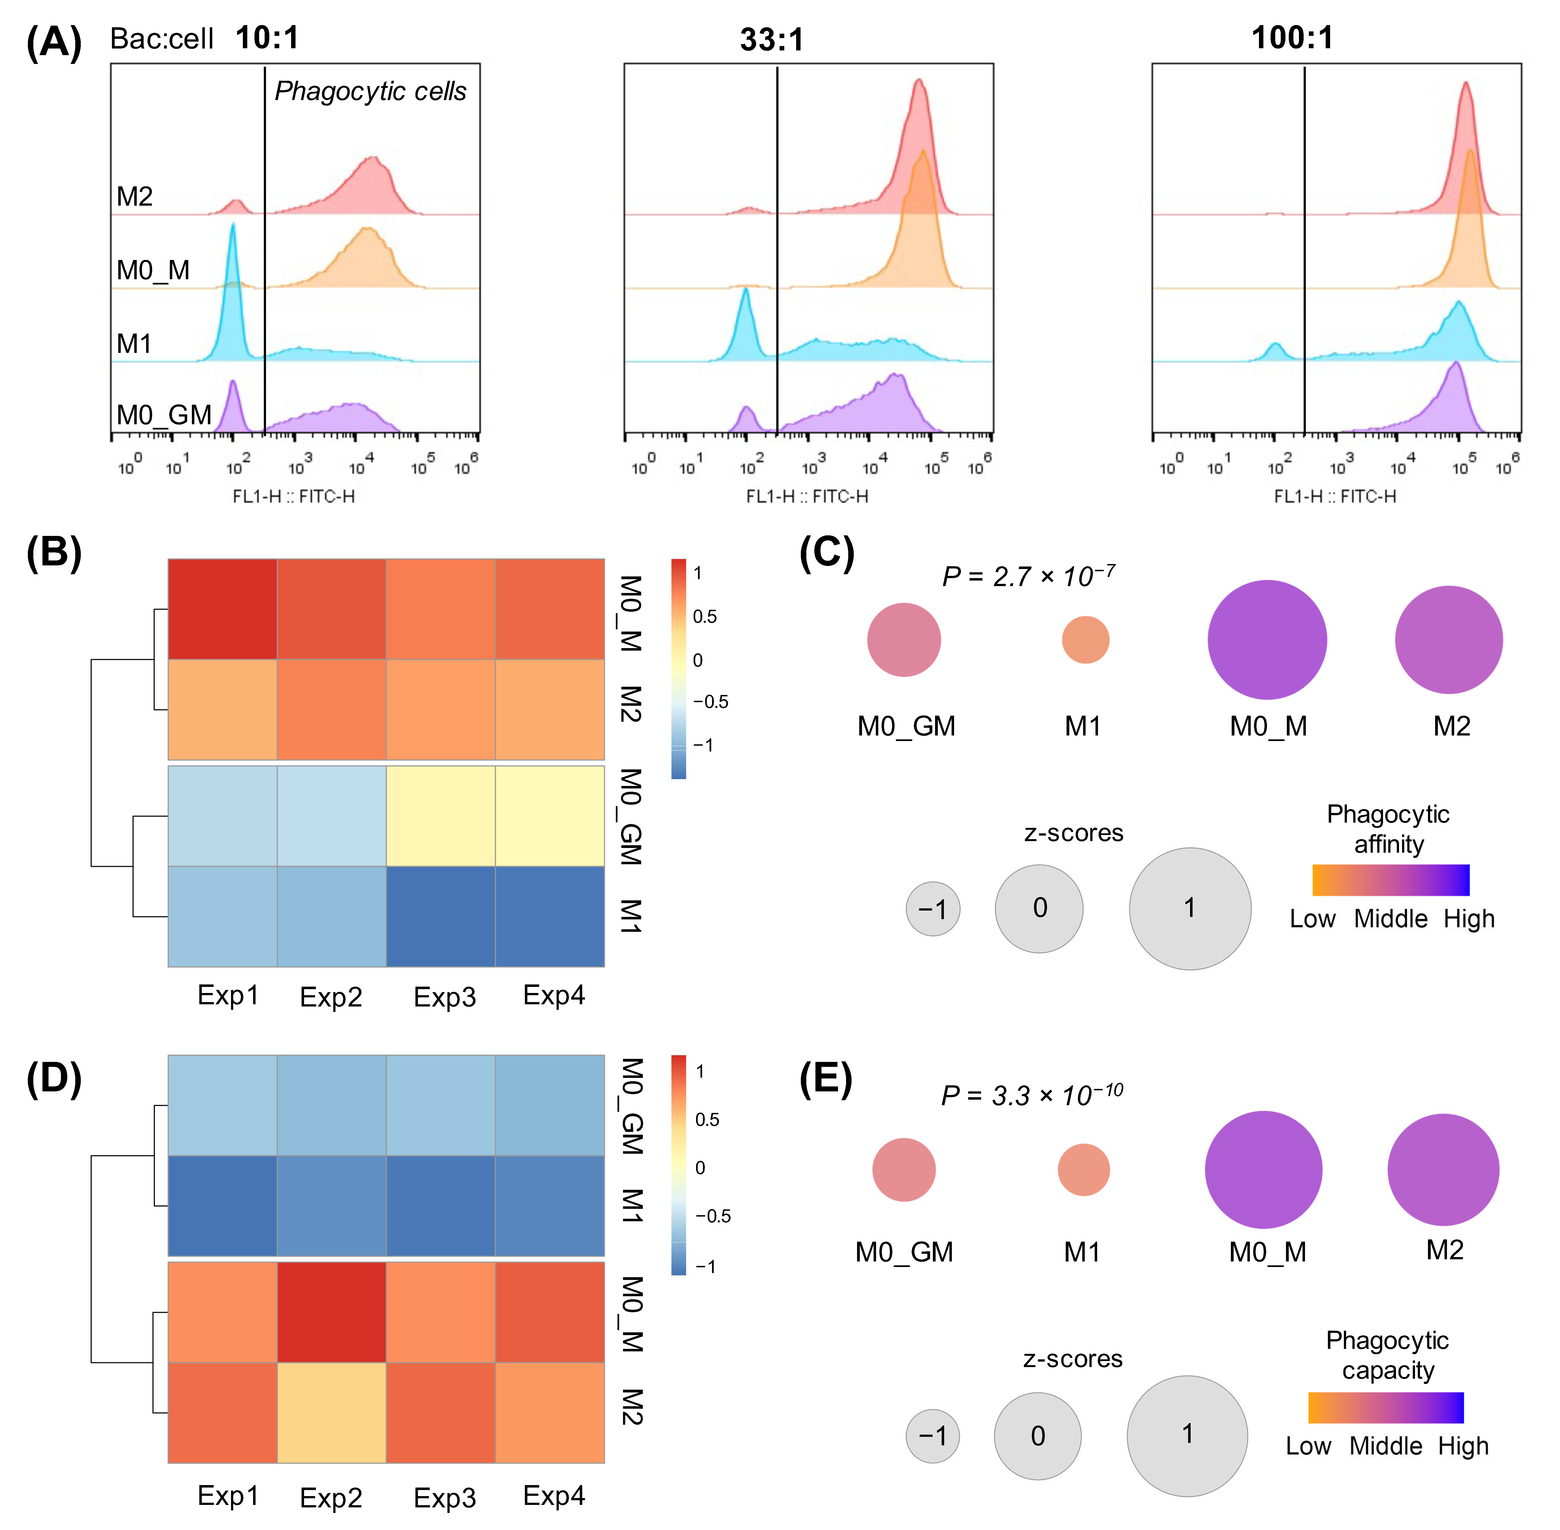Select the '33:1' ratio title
click(772, 39)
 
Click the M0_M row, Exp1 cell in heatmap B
click(223, 609)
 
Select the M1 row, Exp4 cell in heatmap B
click(550, 916)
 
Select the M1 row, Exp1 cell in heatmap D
click(223, 1205)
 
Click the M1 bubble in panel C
click(1085, 640)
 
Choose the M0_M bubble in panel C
click(1267, 640)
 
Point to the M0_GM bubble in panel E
click(904, 1169)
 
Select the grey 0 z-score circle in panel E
click(1038, 1435)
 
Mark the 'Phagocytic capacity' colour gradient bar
click(1386, 1407)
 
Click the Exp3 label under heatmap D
click(444, 1497)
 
